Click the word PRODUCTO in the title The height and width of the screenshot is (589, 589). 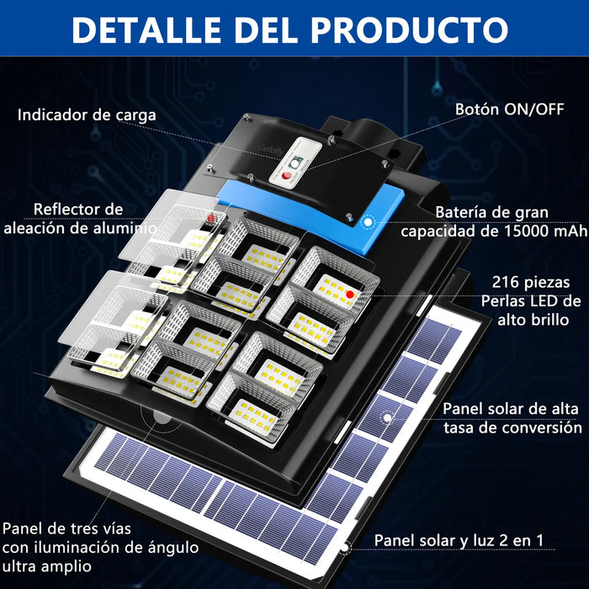(x=410, y=29)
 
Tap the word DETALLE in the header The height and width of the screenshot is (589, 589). (x=146, y=29)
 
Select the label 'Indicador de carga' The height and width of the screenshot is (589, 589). (x=87, y=115)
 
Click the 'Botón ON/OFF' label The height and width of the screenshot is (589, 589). (x=509, y=109)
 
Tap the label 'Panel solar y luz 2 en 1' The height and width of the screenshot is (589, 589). (x=459, y=540)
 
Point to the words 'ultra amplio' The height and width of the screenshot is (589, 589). (x=47, y=566)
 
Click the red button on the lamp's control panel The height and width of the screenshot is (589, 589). (x=287, y=175)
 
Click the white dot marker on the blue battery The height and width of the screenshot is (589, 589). (x=369, y=222)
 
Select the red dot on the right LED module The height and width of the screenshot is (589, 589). (x=350, y=294)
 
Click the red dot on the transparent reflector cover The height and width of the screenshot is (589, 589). (x=211, y=218)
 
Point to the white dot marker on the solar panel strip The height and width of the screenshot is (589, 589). (x=387, y=417)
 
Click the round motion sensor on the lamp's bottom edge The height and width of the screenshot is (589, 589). (x=162, y=418)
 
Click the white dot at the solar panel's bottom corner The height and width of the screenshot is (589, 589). (x=344, y=548)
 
